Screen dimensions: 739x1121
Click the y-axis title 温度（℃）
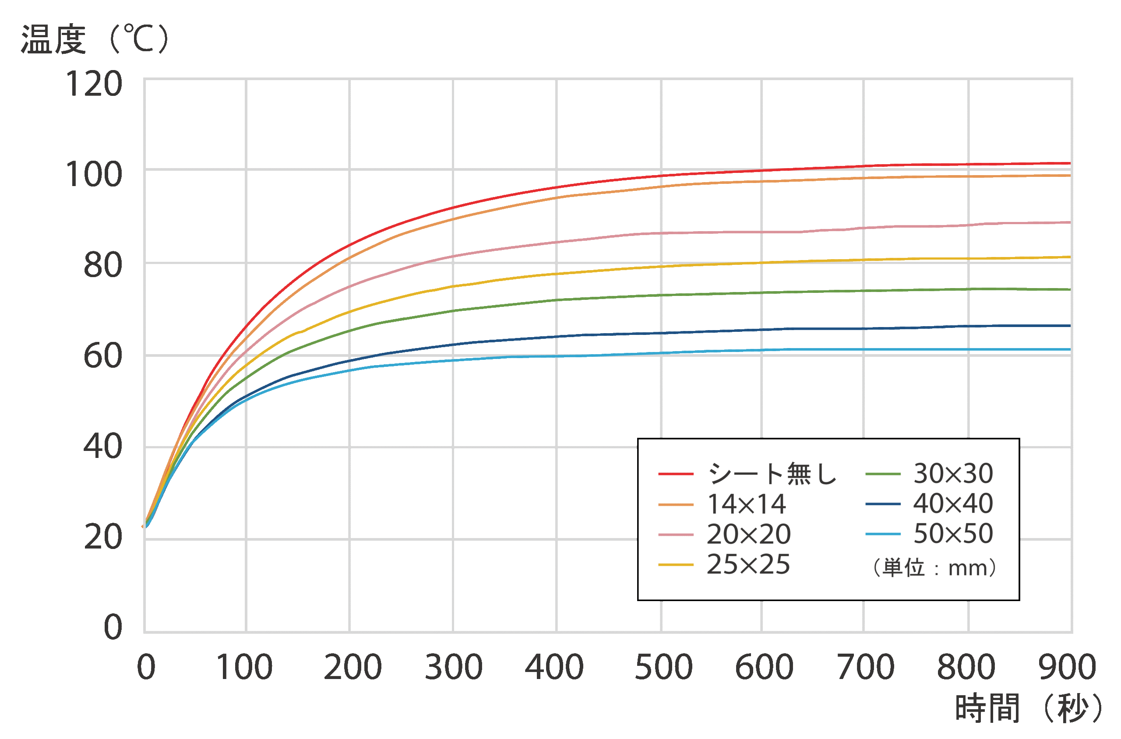94,39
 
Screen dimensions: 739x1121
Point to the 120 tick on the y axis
94,84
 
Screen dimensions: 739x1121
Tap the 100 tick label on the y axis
94,175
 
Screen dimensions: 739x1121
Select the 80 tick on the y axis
103,265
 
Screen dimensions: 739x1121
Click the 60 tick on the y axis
103,356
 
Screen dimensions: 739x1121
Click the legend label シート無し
772,474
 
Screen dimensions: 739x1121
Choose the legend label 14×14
746,504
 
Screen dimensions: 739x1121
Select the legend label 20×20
748,535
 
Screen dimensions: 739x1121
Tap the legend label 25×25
748,564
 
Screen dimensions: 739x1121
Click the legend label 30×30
953,473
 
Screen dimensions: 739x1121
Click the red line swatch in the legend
676,474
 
